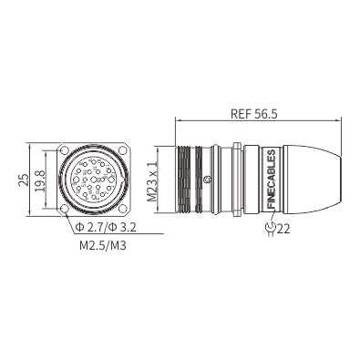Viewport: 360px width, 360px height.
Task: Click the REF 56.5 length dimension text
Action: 254,114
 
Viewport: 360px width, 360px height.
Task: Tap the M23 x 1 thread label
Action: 151,181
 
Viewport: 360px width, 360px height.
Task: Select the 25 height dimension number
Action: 23,180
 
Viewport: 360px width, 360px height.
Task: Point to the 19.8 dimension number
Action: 40,181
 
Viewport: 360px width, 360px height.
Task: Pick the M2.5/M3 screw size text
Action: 103,245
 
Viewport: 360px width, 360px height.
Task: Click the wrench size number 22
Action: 283,229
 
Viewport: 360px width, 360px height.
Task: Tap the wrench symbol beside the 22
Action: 270,229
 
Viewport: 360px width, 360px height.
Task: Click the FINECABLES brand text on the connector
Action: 271,180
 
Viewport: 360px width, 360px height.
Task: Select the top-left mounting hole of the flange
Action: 65,150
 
